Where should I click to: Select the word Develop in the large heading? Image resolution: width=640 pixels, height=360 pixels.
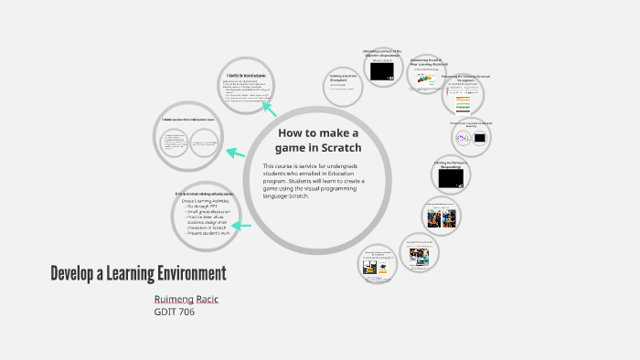(x=74, y=273)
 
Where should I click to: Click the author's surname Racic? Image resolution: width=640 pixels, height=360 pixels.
(x=208, y=300)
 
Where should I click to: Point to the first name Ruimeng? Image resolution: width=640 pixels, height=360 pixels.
(x=173, y=300)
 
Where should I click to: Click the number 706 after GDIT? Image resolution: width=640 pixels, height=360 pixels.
(x=186, y=312)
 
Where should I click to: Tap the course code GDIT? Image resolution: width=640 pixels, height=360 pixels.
(x=165, y=312)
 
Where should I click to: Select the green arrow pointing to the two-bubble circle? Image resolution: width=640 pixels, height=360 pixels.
(x=237, y=153)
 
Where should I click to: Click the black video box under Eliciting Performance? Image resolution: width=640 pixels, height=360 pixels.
(x=451, y=180)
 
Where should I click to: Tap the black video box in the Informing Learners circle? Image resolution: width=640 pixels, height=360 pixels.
(x=382, y=69)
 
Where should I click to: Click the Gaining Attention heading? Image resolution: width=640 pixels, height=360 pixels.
(x=343, y=78)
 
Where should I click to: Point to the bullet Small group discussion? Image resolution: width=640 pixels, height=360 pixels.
(x=208, y=213)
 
